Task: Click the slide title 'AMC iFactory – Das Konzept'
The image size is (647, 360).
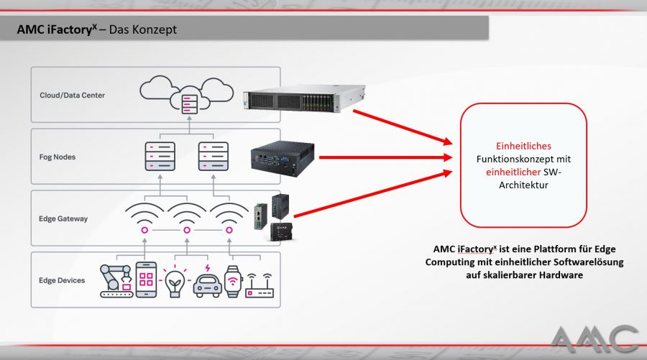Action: click(96, 30)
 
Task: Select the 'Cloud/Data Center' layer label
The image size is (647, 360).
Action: click(73, 94)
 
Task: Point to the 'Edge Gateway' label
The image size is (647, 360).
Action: click(63, 218)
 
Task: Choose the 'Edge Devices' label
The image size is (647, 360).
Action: click(62, 280)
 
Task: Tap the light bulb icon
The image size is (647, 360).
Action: click(175, 280)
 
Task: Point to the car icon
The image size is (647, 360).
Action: click(207, 282)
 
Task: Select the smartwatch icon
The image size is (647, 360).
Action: click(231, 280)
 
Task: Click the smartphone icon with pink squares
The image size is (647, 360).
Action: click(146, 280)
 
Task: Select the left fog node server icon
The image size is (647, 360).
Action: click(160, 156)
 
